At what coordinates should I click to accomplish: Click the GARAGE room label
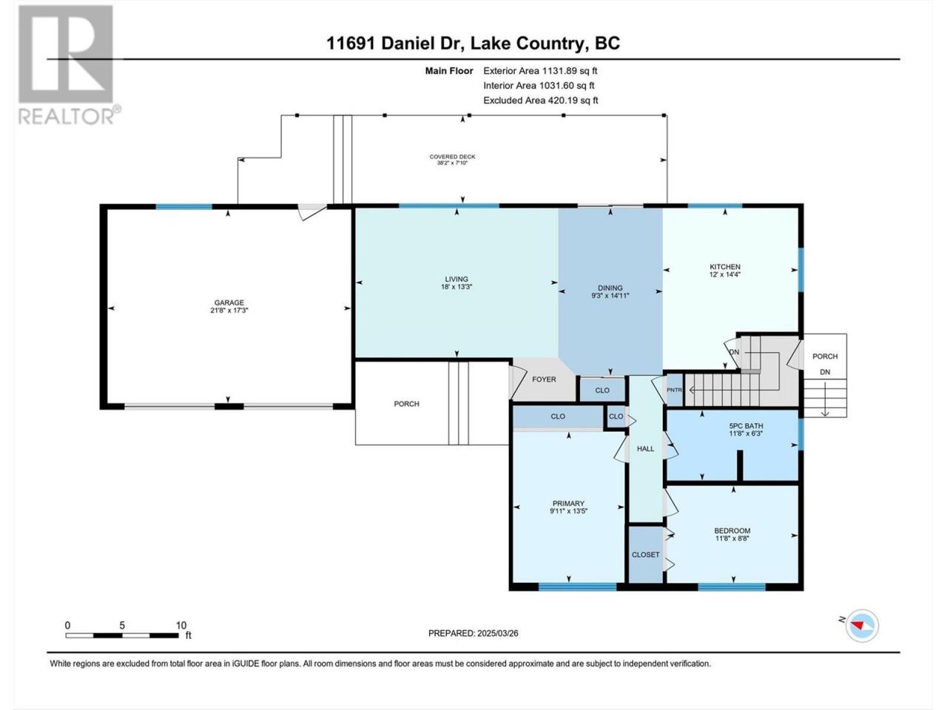229,302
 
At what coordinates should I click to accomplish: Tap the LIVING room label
456,279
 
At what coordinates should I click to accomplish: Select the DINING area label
610,288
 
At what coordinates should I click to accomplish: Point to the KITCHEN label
725,267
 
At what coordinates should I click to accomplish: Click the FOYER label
544,379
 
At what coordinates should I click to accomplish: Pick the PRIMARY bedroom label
569,504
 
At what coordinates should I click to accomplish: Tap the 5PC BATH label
746,426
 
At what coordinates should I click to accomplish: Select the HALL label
645,449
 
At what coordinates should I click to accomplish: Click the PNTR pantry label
674,390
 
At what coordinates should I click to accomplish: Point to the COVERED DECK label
452,157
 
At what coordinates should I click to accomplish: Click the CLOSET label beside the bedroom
645,555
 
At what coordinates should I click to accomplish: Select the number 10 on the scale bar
181,625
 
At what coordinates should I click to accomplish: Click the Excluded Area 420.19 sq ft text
541,101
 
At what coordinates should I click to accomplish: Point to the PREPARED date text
473,633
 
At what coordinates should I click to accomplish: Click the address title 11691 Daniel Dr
395,43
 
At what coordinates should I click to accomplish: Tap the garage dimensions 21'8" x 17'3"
229,310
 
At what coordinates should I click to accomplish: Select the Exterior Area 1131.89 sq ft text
540,71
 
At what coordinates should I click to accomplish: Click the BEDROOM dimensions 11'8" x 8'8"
732,538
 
